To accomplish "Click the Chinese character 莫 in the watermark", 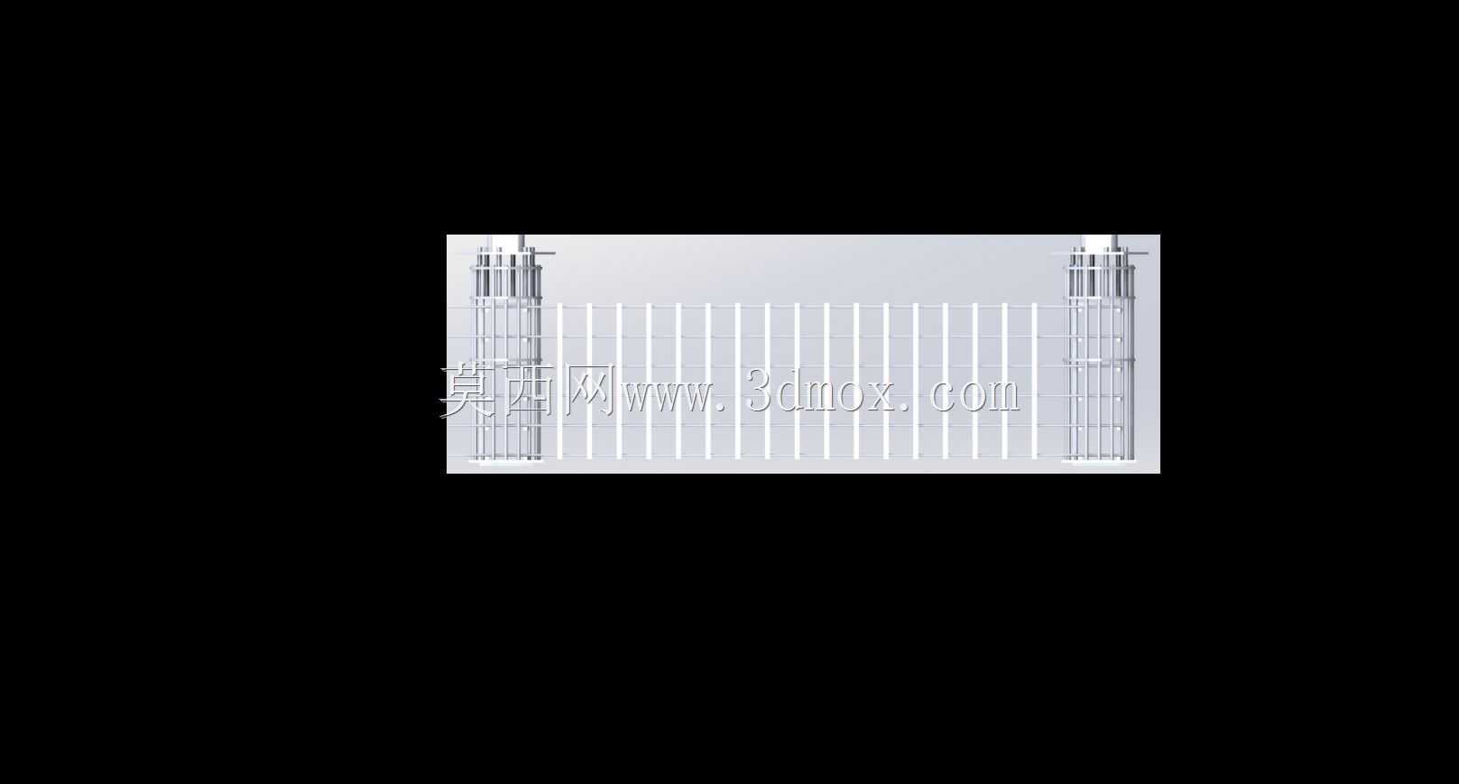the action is point(466,390).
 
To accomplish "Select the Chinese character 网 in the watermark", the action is point(589,390).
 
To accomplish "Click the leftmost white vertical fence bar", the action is point(559,381).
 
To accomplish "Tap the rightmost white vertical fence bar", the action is point(1034,381).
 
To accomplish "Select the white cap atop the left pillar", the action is point(506,242).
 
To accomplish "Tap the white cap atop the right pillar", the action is point(1100,242).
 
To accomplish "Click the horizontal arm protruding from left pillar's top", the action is point(544,254).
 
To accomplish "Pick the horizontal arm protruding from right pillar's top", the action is point(1137,254).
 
